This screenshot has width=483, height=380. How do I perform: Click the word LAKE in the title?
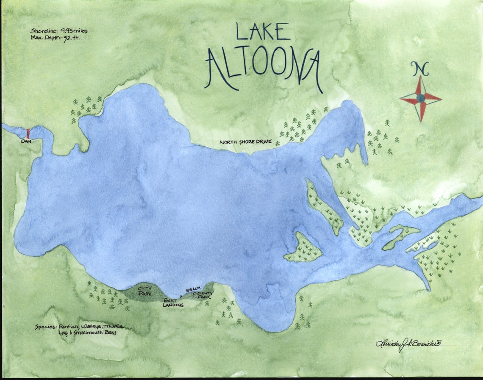[262, 33]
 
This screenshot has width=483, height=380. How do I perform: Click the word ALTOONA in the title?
[263, 68]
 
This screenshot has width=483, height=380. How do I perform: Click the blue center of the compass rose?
[420, 98]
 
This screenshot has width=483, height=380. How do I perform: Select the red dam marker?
[28, 133]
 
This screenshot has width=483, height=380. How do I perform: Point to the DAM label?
[26, 141]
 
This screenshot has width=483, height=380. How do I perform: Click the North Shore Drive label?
[245, 142]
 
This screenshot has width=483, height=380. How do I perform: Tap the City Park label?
[145, 291]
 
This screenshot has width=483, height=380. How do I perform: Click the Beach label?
[193, 289]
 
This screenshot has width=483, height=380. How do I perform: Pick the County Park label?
[202, 295]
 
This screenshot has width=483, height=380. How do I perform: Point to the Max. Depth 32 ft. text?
[55, 38]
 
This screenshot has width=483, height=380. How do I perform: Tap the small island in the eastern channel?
[400, 237]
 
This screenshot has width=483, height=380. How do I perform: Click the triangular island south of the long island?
[304, 249]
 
